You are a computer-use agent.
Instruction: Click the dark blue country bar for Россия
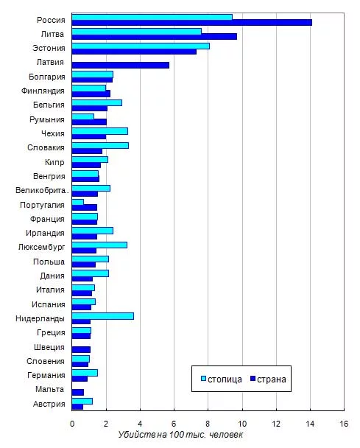pyautogui.click(x=192, y=23)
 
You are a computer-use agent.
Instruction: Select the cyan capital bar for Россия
pyautogui.click(x=152, y=17)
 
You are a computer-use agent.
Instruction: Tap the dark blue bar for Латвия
pyautogui.click(x=121, y=65)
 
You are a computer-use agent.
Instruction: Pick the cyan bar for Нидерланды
pyautogui.click(x=103, y=316)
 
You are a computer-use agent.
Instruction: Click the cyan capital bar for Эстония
pyautogui.click(x=141, y=46)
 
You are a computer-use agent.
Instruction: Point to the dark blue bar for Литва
pyautogui.click(x=155, y=37)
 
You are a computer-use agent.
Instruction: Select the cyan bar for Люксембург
pyautogui.click(x=99, y=245)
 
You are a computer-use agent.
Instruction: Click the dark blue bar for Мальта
pyautogui.click(x=78, y=392)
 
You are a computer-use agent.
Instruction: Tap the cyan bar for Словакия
pyautogui.click(x=100, y=145)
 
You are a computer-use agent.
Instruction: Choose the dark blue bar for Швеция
pyautogui.click(x=81, y=350)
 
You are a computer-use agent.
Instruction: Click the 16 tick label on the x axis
pyautogui.click(x=344, y=424)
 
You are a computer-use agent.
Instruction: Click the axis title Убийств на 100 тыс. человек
pyautogui.click(x=180, y=435)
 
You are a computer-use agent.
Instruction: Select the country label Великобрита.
pyautogui.click(x=42, y=191)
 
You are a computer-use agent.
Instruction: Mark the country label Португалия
pyautogui.click(x=42, y=205)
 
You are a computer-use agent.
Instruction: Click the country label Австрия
pyautogui.click(x=49, y=404)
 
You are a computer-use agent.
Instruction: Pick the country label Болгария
pyautogui.click(x=47, y=77)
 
